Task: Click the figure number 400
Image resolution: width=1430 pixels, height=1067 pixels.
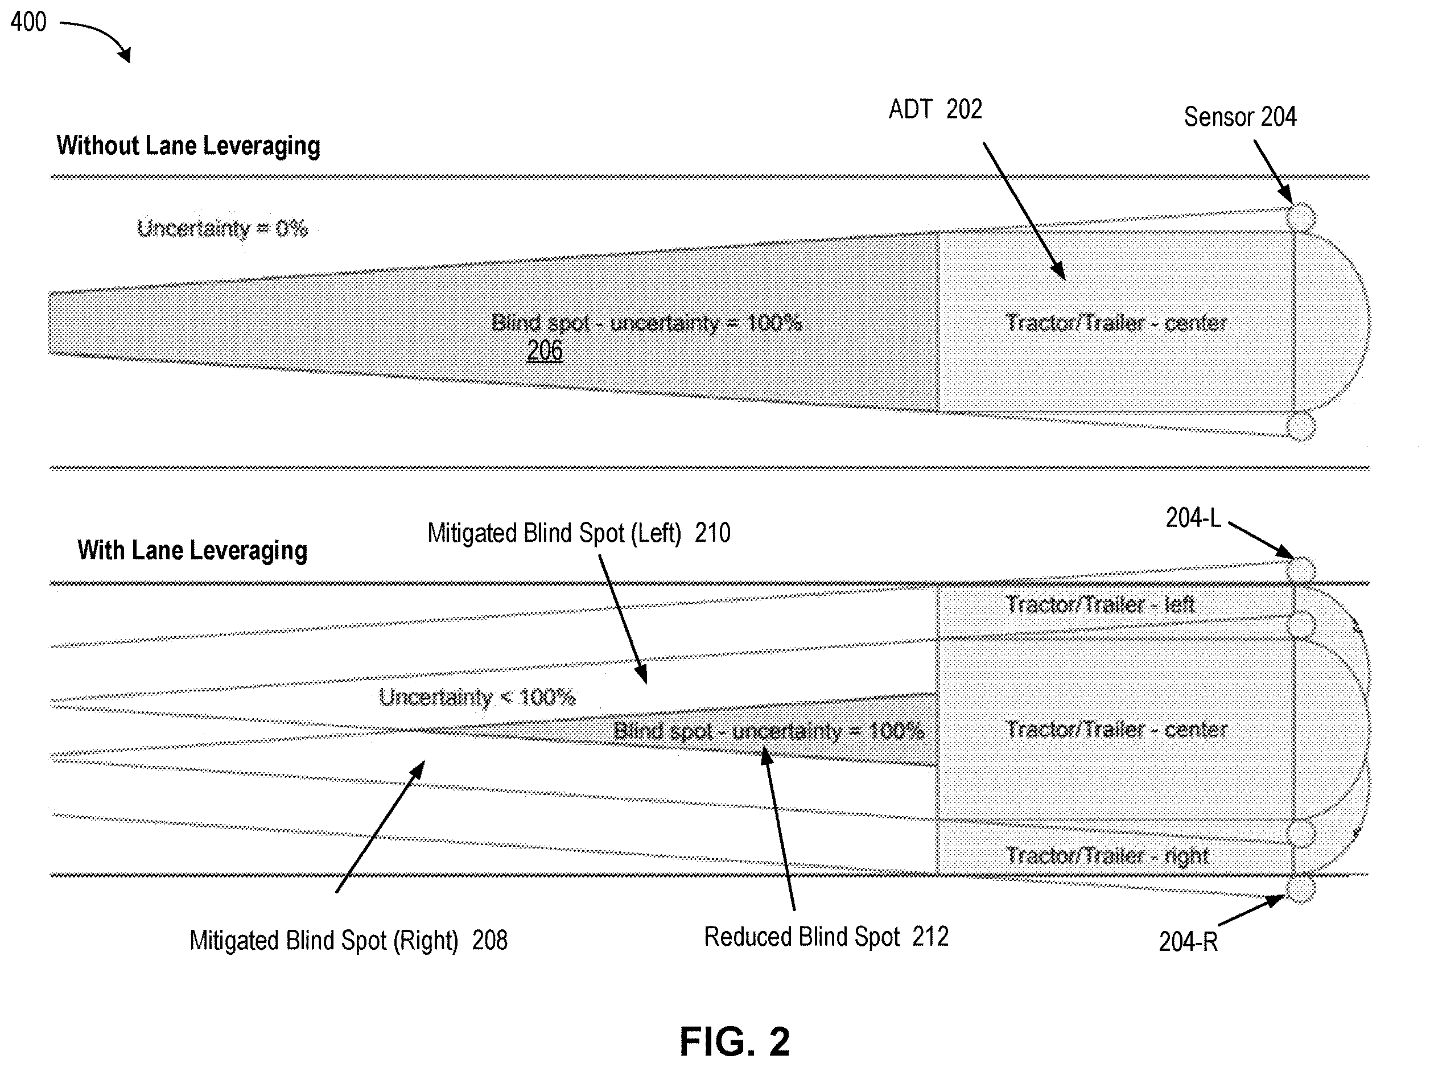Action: tap(28, 22)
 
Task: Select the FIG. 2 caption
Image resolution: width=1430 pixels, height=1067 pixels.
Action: tap(735, 1041)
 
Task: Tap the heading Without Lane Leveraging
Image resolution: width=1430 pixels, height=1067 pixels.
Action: tap(188, 145)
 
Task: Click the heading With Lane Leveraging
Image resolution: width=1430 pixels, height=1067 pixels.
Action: tap(192, 550)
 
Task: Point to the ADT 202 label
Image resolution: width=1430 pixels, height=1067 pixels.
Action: tap(936, 109)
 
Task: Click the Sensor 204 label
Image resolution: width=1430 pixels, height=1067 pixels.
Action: tap(1240, 117)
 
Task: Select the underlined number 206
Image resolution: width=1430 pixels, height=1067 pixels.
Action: tap(545, 351)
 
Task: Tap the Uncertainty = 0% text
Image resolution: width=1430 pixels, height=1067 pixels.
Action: tap(222, 228)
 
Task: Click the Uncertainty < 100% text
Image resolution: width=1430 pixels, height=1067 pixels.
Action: tap(477, 697)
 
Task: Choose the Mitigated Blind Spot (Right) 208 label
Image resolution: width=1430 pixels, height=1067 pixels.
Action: tap(348, 941)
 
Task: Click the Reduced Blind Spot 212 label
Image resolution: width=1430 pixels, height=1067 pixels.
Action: tap(826, 937)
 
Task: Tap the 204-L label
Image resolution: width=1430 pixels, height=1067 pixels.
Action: tap(1193, 518)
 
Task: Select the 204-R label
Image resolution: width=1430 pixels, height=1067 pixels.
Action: tap(1188, 942)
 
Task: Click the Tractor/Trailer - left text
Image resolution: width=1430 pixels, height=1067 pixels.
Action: tap(1100, 604)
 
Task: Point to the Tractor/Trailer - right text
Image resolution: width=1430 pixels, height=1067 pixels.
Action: tap(1107, 856)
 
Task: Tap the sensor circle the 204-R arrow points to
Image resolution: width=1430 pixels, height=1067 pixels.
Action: tap(1301, 889)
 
